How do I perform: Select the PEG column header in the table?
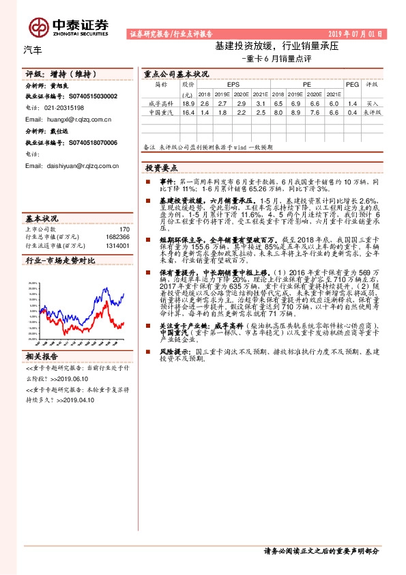(x=352, y=85)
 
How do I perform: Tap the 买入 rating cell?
(x=373, y=102)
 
